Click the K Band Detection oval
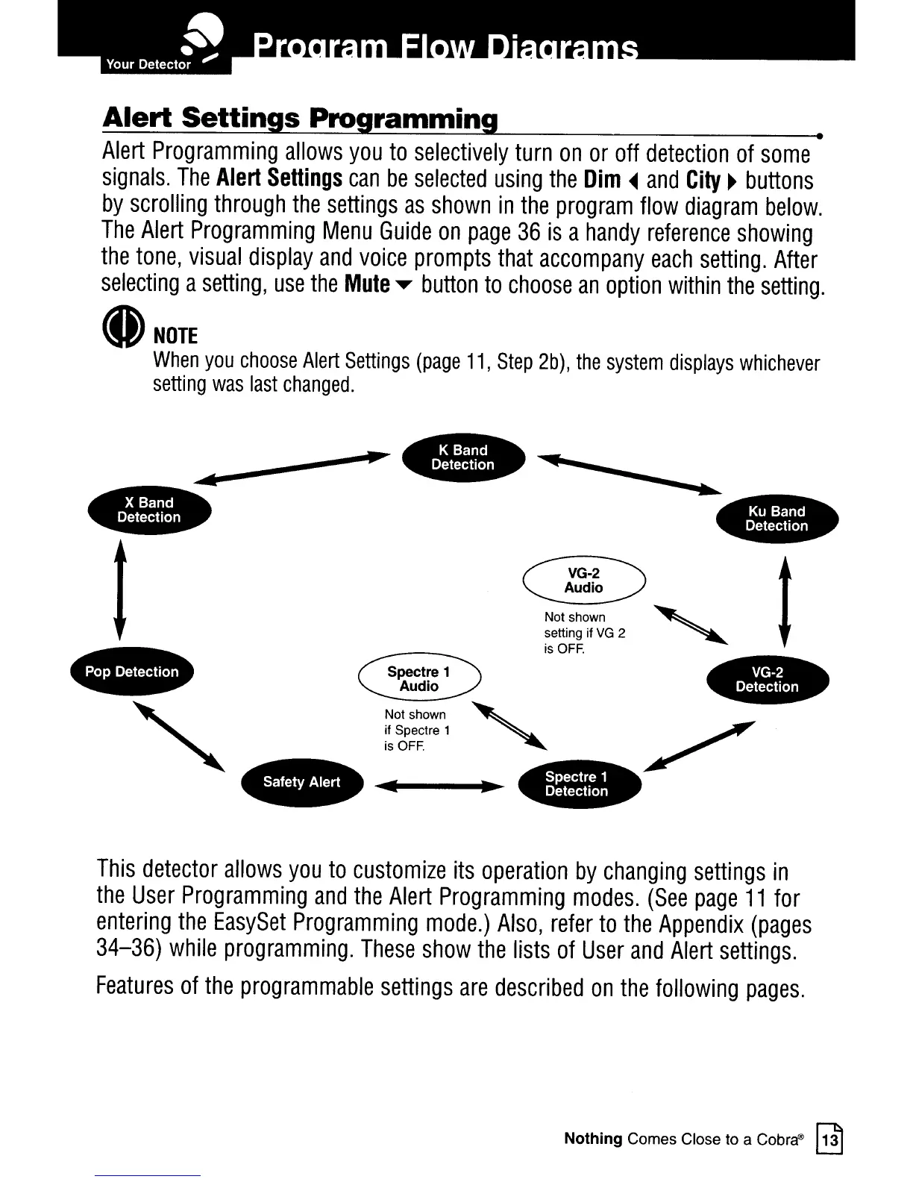pos(463,457)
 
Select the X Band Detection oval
pos(149,510)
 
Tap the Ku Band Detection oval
pos(776,519)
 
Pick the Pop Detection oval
pos(131,672)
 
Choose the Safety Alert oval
pos(301,782)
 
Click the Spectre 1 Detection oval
pos(578,784)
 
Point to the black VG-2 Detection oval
pos(767,680)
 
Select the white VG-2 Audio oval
pos(584,581)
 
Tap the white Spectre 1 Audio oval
pos(419,679)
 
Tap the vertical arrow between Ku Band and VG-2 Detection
pos(782,601)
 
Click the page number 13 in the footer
pos(829,1139)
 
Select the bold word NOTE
pos(175,336)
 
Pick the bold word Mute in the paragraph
pos(367,285)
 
